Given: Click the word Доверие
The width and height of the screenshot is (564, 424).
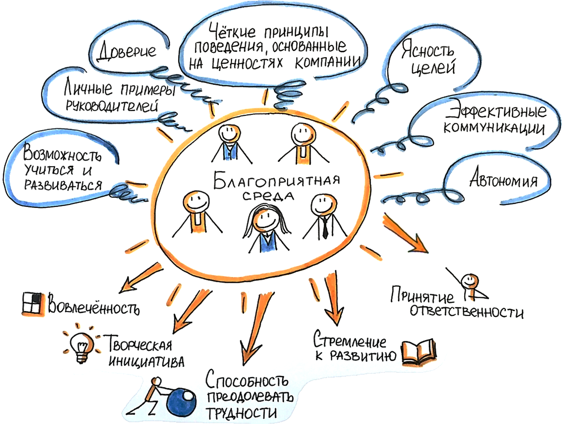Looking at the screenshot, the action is point(127,51).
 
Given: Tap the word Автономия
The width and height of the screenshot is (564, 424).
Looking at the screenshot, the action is point(502,182).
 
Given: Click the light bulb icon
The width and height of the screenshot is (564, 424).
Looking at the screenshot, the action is point(80,345).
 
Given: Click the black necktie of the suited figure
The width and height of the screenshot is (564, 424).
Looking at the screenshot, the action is point(325,227).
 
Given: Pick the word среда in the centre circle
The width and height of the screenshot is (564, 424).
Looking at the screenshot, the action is point(273,197).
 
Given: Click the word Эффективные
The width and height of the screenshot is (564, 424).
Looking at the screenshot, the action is point(495,112).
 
